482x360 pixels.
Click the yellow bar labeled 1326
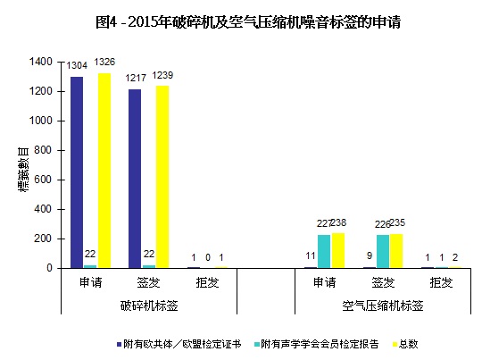(104, 170)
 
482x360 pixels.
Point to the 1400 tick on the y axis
(41, 62)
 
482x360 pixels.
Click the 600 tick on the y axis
(45, 180)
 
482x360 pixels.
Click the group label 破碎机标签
(148, 305)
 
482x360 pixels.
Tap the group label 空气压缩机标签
(383, 305)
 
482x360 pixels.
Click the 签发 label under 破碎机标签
(148, 282)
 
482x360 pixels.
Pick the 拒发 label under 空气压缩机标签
(441, 282)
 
